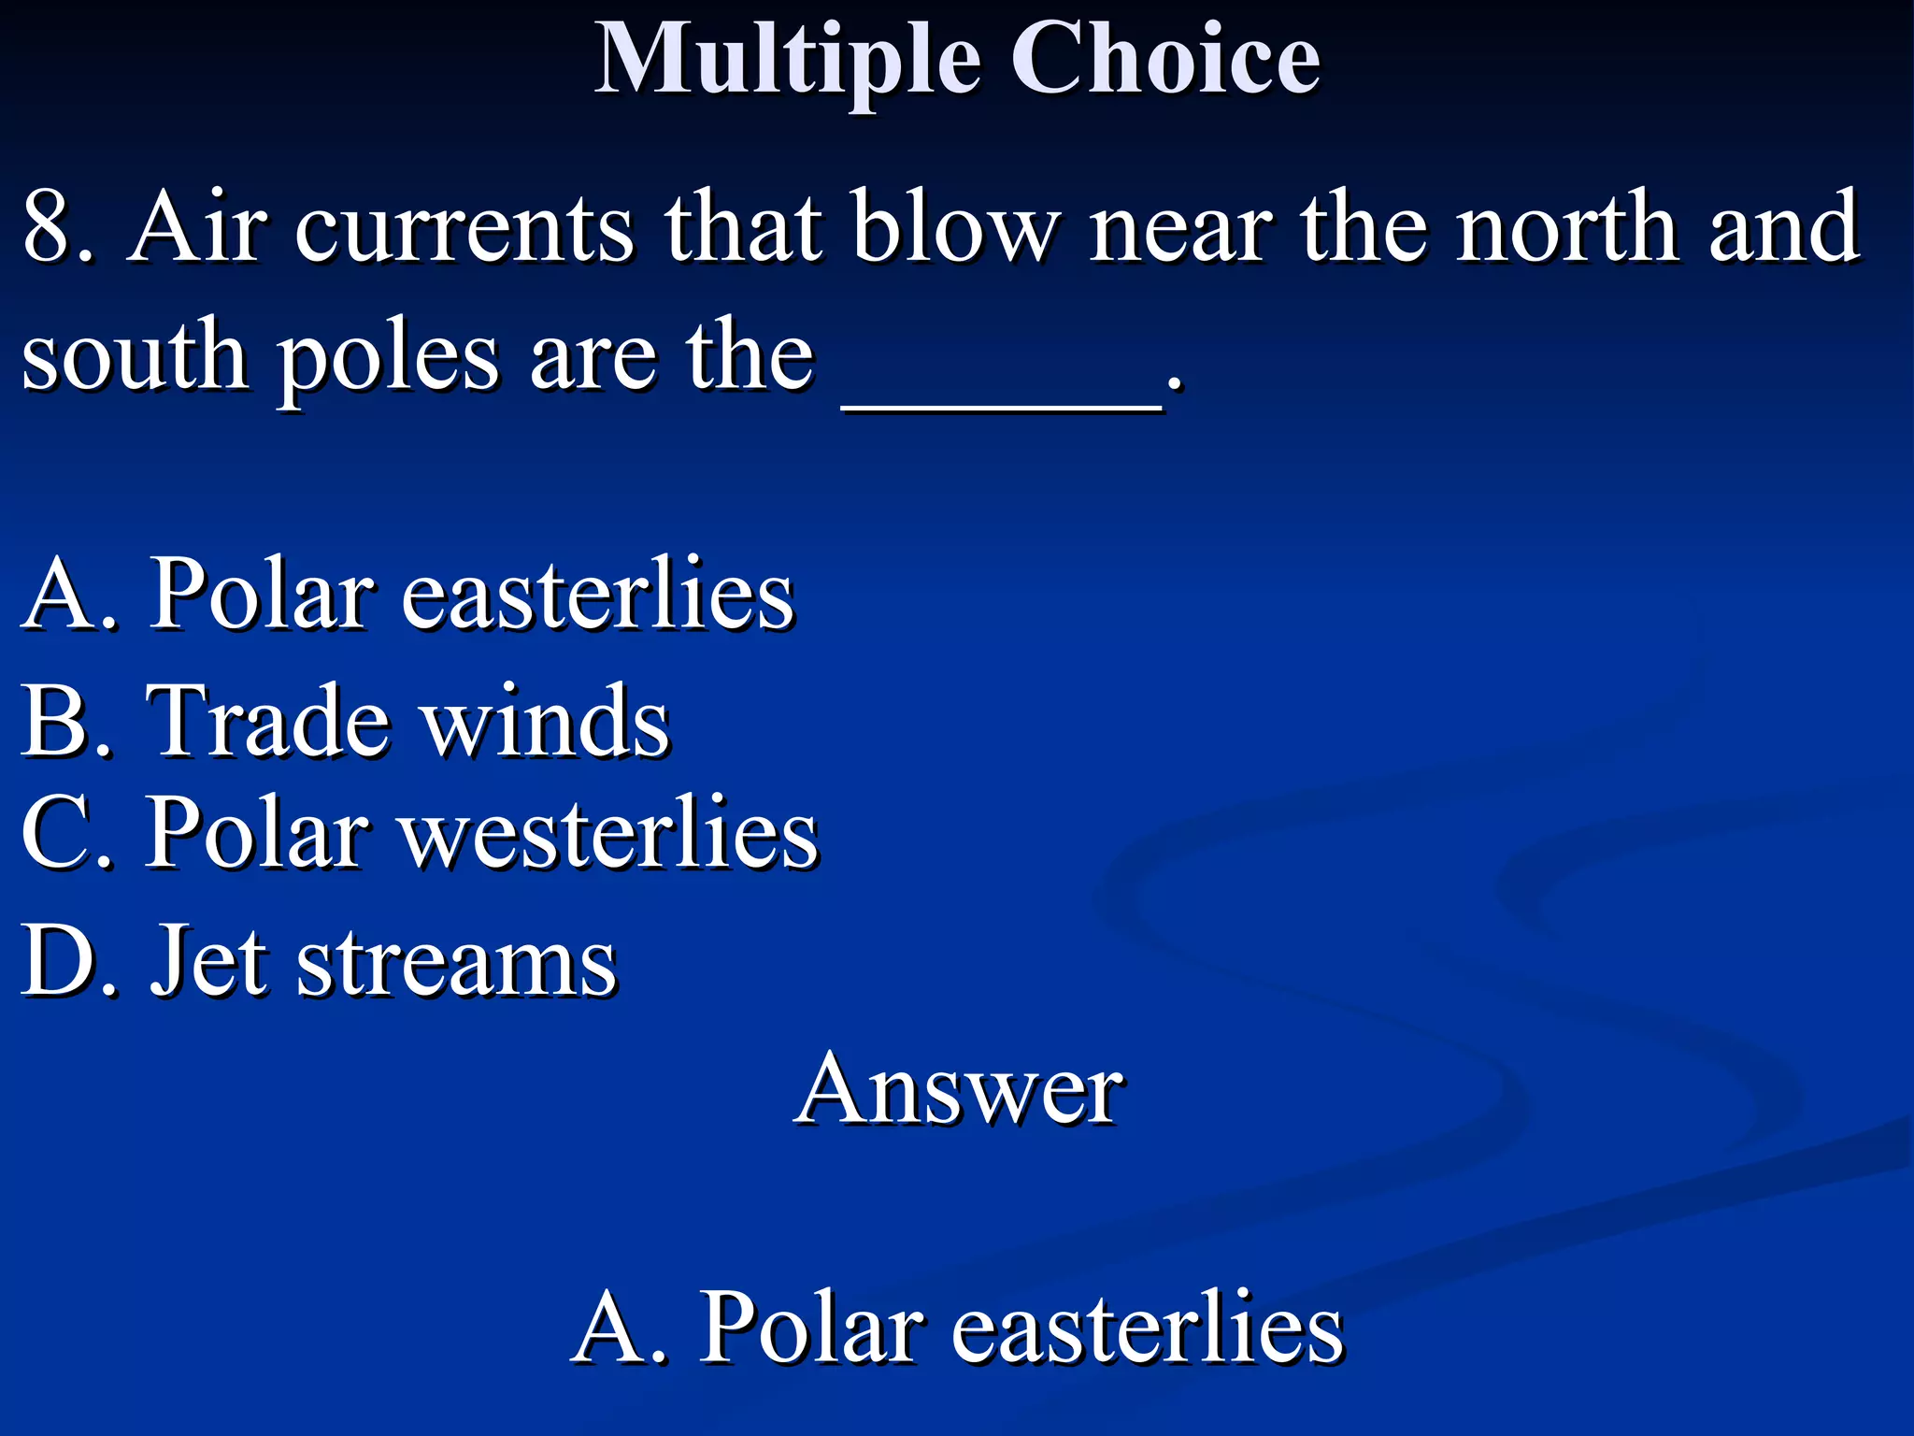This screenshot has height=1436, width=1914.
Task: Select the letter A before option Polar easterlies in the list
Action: pos(62,594)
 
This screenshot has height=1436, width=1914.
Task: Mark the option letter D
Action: pos(62,960)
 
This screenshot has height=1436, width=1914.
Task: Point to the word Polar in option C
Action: pos(258,833)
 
